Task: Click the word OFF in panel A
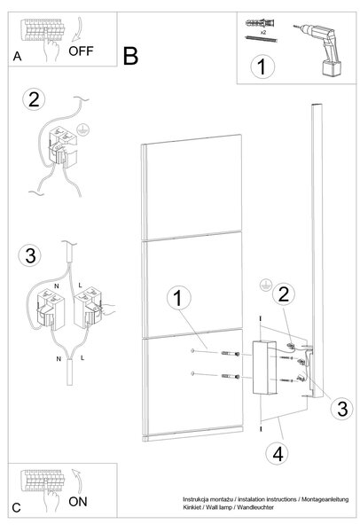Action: tap(81, 51)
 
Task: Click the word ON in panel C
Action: tap(78, 502)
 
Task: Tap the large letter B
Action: tap(130, 57)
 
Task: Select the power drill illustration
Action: tap(319, 50)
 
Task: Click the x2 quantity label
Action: tap(263, 33)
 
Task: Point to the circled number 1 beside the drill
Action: tap(262, 66)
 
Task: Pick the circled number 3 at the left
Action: tap(30, 255)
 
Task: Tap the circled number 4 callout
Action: tap(278, 454)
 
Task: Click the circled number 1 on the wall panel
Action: tap(178, 298)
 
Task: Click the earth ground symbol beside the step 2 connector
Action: tap(82, 129)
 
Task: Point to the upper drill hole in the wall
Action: tap(192, 350)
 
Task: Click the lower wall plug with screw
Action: tap(231, 376)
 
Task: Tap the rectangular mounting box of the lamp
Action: tap(264, 368)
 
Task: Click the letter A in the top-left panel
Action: tap(18, 57)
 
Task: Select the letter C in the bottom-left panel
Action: tap(16, 508)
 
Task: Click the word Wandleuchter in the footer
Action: tap(255, 507)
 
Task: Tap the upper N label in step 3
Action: tap(57, 286)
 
